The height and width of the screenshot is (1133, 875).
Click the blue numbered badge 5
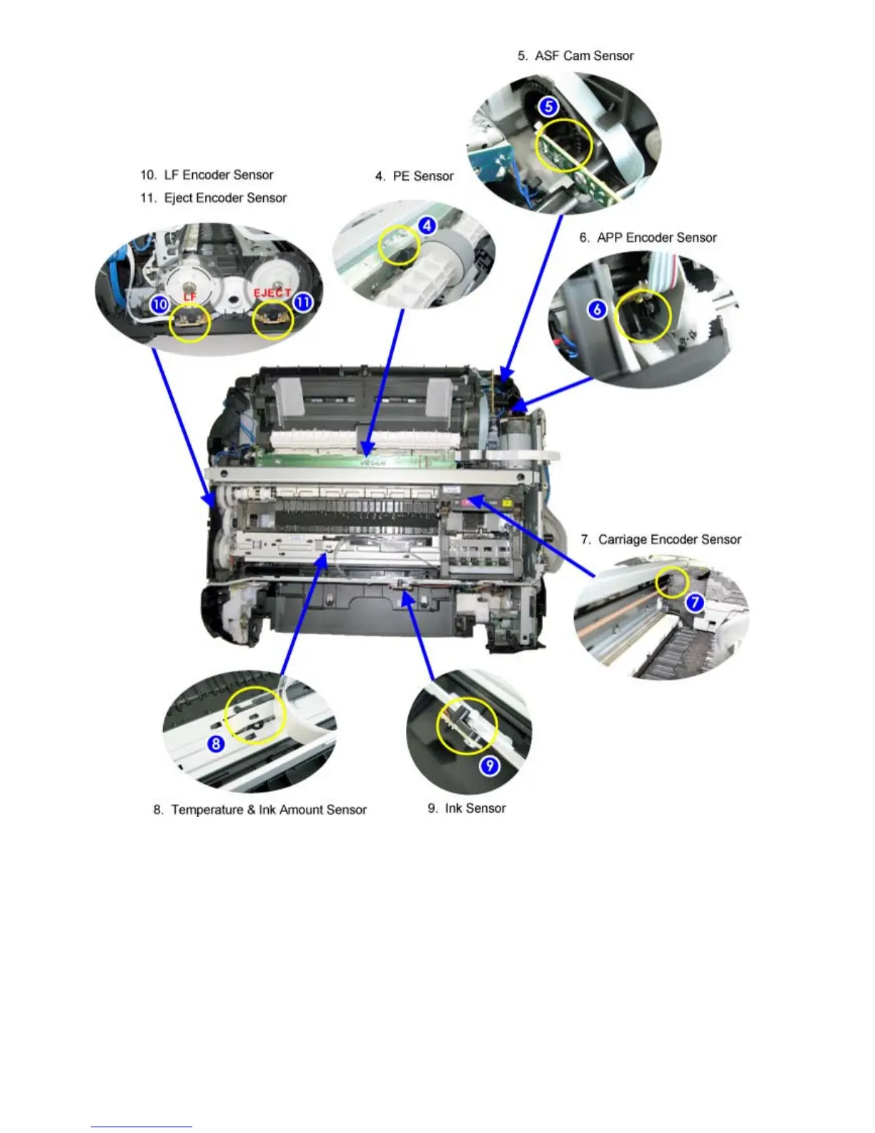click(x=548, y=107)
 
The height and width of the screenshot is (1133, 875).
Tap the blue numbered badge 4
click(x=427, y=226)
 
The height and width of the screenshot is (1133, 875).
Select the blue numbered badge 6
click(x=597, y=310)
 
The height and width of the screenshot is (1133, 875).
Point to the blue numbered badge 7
click(x=695, y=602)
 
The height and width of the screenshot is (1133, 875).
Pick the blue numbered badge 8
click(x=216, y=744)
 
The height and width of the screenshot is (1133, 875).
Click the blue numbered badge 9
click(x=489, y=766)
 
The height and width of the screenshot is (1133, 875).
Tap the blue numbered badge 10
click(x=159, y=304)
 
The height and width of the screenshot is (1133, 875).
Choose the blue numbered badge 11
click(x=303, y=302)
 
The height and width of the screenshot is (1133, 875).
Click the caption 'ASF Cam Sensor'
click(x=575, y=56)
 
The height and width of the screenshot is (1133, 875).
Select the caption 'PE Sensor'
click(x=415, y=176)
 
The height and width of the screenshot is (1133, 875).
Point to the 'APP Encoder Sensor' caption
click(x=648, y=237)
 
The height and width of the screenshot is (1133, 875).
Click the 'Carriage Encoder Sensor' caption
click(x=661, y=539)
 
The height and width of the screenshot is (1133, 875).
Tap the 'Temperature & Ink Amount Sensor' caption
click(x=260, y=810)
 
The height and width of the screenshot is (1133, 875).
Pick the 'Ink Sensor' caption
click(x=467, y=808)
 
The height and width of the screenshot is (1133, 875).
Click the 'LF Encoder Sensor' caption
click(x=207, y=175)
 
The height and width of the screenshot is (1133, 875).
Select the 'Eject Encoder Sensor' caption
click(x=214, y=198)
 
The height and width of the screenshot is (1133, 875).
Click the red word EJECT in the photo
click(x=272, y=293)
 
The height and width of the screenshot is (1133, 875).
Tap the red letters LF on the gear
click(x=189, y=296)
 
